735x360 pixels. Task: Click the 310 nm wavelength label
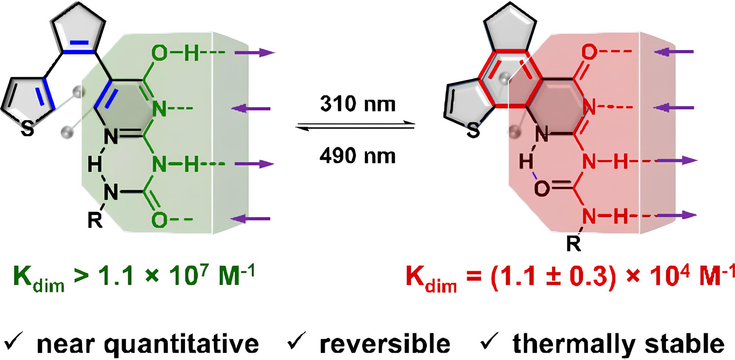point(358,104)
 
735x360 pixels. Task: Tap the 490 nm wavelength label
point(358,156)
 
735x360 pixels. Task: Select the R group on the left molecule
point(94,221)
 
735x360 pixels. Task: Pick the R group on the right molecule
point(573,243)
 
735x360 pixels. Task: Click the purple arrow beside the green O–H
point(255,53)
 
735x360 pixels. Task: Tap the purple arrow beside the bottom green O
point(250,219)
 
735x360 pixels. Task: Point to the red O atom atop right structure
point(589,53)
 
